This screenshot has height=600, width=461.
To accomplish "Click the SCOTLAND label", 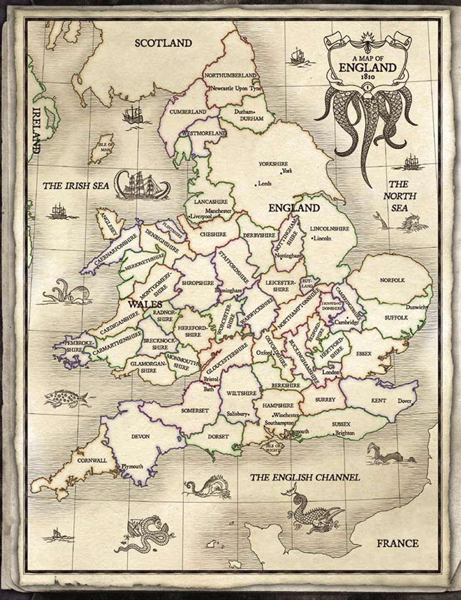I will (163, 43).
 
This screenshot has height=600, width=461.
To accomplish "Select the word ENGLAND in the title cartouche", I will (368, 67).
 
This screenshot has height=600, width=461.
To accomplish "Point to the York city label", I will (287, 171).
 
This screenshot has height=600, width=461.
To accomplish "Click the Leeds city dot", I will (256, 184).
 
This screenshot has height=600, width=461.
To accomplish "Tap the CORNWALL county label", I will (92, 460).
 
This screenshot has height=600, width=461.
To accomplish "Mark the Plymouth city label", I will (132, 466).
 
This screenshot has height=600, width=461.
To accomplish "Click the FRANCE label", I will (397, 543).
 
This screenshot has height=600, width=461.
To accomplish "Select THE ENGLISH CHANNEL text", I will (305, 478).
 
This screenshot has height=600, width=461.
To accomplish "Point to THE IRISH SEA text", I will (76, 186).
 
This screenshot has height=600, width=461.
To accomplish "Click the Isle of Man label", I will (105, 148).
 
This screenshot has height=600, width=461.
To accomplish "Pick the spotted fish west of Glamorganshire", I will (66, 397).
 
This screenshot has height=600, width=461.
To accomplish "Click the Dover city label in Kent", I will (404, 401).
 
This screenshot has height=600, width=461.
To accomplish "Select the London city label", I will (331, 372).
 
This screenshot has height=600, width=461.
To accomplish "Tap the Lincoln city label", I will (323, 238).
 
